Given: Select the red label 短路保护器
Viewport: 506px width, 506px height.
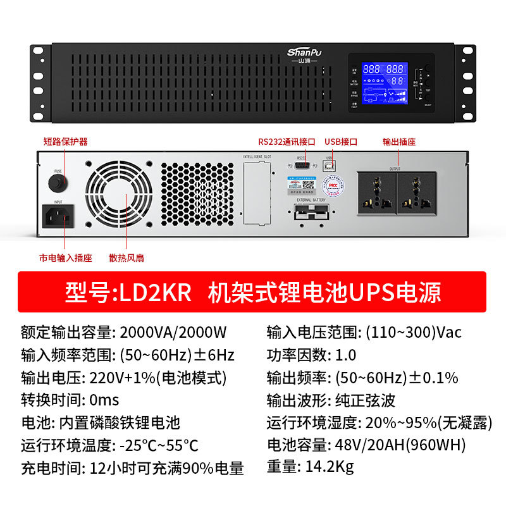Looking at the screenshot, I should pyautogui.click(x=65, y=142).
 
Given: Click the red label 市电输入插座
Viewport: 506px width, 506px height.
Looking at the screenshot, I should pyautogui.click(x=65, y=258).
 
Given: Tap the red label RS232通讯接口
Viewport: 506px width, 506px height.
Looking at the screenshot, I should pyautogui.click(x=287, y=142).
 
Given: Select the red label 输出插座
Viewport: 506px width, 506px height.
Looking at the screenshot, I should pyautogui.click(x=399, y=142).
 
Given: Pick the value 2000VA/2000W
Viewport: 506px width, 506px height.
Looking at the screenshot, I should pyautogui.click(x=173, y=332).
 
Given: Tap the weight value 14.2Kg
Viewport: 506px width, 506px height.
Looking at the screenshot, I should pyautogui.click(x=329, y=467).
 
